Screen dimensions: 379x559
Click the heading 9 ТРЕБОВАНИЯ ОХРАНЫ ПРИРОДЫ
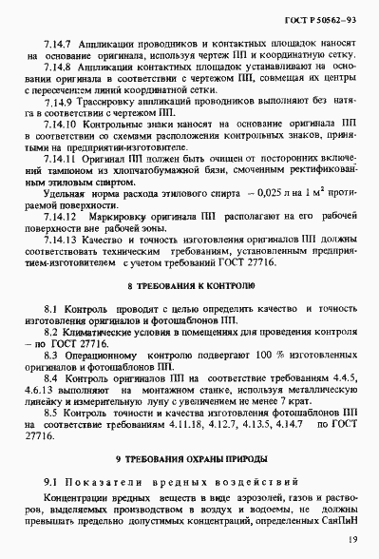pos(190,459)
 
